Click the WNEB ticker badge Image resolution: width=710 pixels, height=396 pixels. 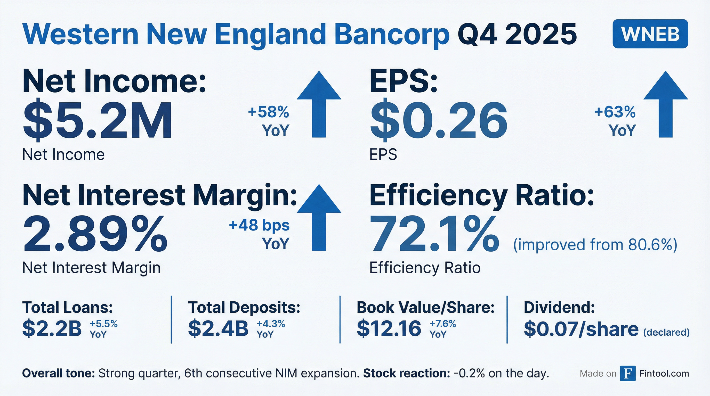coord(650,34)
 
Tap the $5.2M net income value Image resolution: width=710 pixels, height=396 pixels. coord(98,120)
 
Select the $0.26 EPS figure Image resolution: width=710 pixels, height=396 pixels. coord(439,120)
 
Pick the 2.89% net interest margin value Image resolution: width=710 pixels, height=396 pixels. coord(95,234)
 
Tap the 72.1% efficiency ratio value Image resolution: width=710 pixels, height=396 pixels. coord(434,234)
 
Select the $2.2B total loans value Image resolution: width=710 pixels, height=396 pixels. coord(52,328)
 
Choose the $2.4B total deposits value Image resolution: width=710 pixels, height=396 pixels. coord(218,328)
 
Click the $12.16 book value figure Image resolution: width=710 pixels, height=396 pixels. coord(389,328)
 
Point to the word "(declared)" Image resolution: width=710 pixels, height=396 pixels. coord(666,332)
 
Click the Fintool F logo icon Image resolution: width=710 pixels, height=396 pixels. coord(628,373)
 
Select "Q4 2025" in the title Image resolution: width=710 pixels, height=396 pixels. coord(517,35)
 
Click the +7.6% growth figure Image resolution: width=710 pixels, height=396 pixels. coord(443,324)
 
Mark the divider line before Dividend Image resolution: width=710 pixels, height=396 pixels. coord(507,319)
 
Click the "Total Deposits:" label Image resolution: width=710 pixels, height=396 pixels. coord(244,307)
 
